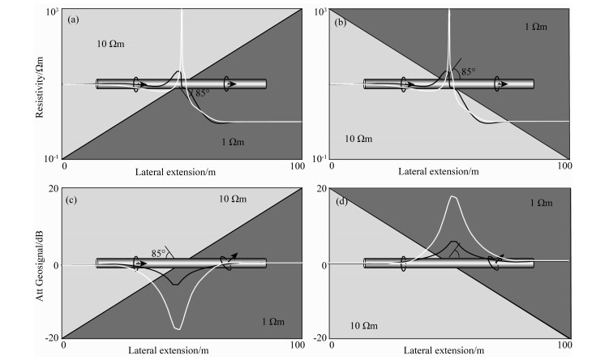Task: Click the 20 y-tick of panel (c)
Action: [53, 189]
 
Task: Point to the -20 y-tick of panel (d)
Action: [319, 337]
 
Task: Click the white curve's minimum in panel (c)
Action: [178, 329]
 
